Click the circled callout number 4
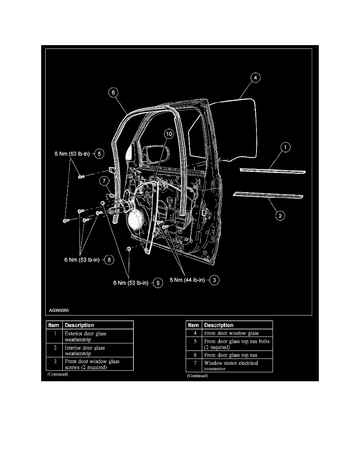pos(255,78)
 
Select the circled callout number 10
pos(168,134)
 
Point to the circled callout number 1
pos(285,147)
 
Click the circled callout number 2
pos(280,215)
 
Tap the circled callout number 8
pos(109,259)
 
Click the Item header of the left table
pos(54,325)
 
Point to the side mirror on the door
pos(131,151)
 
